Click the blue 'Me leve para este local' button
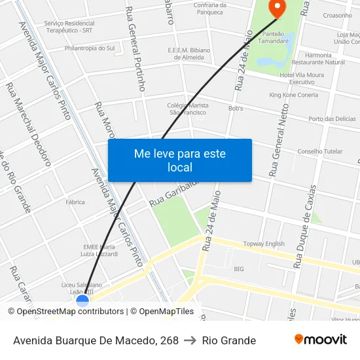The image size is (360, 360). tap(179, 160)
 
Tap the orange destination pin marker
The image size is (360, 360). tap(278, 9)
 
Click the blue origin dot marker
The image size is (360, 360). tap(82, 301)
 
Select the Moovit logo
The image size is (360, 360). tap(321, 340)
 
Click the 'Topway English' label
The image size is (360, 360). tap(264, 244)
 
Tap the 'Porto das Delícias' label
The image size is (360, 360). tap(332, 119)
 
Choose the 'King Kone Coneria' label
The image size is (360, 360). tap(293, 95)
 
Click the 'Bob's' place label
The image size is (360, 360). tap(236, 108)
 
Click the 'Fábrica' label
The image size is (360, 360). tap(75, 202)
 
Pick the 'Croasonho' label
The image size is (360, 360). tap(337, 15)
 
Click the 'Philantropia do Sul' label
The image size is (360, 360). tap(90, 48)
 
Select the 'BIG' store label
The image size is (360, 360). tap(239, 269)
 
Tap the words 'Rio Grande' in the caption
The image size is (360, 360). tap(229, 340)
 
